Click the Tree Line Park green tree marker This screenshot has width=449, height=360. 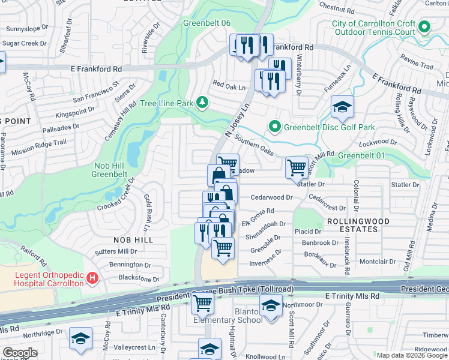pos(203,103)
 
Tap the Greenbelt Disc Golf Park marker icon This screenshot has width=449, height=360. pos(275,127)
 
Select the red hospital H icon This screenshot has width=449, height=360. pos(92,278)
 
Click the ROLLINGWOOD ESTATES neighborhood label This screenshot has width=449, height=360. pos(358,226)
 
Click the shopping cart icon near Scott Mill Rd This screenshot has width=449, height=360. pos(297,167)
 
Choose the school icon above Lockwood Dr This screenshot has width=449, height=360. pos(342,107)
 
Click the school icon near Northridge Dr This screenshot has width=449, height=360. pos(80,338)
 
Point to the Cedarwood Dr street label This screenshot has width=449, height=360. pos(271,197)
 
